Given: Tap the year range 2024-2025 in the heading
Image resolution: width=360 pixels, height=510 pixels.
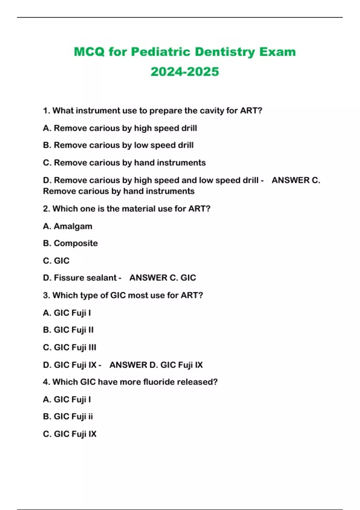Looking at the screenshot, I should click(185, 72).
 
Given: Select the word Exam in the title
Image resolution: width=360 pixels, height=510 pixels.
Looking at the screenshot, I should click(277, 52).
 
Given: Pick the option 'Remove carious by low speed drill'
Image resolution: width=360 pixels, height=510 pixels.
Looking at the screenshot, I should click(118, 145).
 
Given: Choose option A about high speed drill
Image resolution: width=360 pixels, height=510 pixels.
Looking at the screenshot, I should click(120, 128).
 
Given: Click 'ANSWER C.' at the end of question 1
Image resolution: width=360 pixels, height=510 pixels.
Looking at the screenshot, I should click(296, 180).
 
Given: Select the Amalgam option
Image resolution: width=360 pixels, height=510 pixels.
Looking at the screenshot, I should click(68, 226).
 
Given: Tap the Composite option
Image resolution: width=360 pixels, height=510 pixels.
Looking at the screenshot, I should click(70, 243).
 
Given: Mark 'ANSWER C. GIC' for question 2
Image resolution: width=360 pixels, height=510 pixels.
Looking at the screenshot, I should click(163, 278).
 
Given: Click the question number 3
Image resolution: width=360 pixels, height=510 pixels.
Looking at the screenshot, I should click(46, 295).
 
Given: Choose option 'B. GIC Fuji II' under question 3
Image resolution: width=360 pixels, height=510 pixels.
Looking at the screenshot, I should click(68, 330).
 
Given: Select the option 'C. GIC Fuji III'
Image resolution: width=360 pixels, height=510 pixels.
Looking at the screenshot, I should click(70, 347).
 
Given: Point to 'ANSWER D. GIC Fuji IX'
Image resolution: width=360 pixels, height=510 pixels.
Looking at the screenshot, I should click(156, 365).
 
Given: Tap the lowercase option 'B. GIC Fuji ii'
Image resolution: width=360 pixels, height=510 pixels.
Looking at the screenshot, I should click(68, 417).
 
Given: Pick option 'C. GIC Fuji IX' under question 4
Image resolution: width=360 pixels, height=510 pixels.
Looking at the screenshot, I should click(70, 434).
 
